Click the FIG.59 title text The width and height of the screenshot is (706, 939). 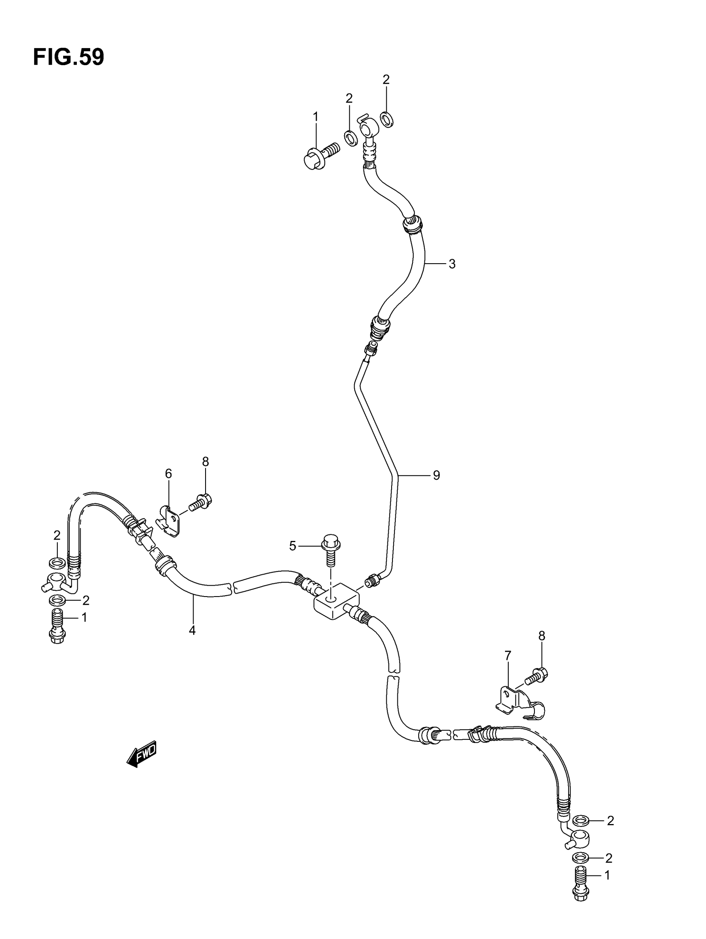(x=69, y=57)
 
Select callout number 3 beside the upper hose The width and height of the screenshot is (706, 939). (x=452, y=264)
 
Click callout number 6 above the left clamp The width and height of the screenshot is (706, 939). (x=168, y=473)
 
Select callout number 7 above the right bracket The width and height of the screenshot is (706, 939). (x=507, y=656)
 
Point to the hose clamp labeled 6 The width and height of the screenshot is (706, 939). (x=169, y=520)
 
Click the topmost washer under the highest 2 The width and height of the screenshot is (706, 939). (x=387, y=119)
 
